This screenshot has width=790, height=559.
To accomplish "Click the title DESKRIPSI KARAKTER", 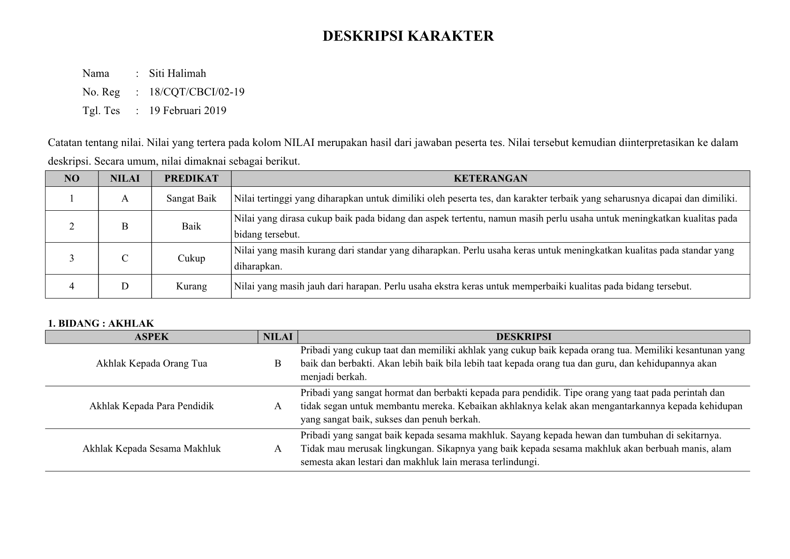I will point(408,36).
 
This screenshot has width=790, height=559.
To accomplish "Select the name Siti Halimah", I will point(177,73).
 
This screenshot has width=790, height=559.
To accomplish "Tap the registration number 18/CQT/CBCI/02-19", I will point(197,92).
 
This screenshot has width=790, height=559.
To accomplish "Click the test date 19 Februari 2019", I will point(188,111).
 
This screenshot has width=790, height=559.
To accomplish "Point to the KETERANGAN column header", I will point(490,178).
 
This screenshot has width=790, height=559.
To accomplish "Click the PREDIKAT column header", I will point(191,178).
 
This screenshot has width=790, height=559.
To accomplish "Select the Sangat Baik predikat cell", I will point(191,199).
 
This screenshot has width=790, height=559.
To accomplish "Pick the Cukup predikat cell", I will point(191,258).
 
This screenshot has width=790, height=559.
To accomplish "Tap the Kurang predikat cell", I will point(191,286).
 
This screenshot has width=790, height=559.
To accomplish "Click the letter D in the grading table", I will point(125,286).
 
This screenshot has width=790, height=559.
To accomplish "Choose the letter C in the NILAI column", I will point(125,258).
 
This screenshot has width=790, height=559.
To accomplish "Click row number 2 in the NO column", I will point(72,226).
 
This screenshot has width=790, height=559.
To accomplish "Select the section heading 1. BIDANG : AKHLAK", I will point(101,323).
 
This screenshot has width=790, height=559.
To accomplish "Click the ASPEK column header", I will point(152,337).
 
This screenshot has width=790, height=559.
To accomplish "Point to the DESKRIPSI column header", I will point(524,337).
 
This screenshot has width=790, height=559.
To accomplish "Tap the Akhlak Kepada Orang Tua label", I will point(152,363).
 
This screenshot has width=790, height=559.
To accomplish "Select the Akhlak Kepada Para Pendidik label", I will point(152,406).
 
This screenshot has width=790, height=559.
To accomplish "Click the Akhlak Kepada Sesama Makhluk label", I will point(152,449).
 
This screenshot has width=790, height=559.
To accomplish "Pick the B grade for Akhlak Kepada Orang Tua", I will point(278,363).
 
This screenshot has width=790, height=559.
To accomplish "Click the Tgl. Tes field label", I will point(101,111).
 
